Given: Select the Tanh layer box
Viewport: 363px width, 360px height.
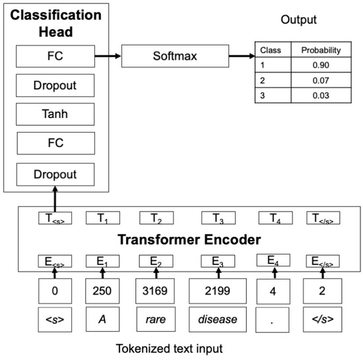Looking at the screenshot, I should pos(55,114).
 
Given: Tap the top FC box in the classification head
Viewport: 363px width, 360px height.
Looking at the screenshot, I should pos(55,57).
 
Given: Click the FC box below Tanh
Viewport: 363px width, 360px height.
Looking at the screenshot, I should pos(55,143).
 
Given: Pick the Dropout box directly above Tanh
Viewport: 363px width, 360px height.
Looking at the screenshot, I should pos(55,86).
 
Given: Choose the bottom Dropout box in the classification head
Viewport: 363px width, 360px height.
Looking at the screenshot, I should pos(55,175).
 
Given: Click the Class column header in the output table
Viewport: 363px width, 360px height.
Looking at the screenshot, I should pos(270,50).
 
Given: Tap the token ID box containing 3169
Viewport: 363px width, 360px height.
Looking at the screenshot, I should pos(156,290).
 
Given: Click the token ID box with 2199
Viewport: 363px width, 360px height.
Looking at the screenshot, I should pos(217,290).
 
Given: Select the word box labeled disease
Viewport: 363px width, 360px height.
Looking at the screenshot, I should pos(217,320).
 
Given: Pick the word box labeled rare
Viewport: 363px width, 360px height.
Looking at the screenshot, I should pos(156,320).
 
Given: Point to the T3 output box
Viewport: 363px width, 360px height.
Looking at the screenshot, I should pos(217,218).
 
